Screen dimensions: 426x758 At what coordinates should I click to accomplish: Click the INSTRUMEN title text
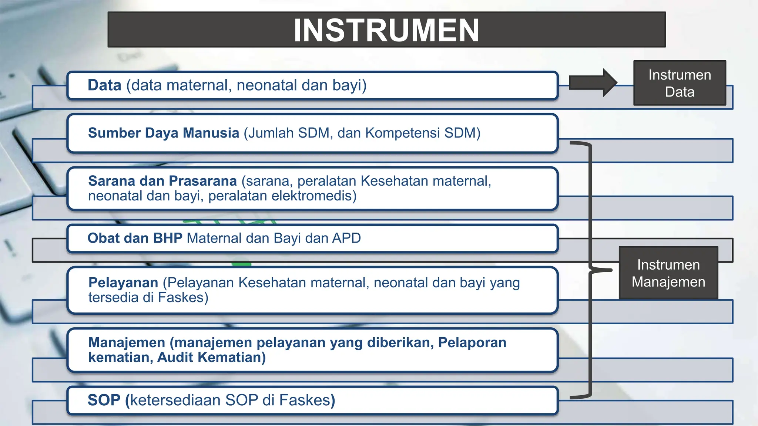tap(386, 30)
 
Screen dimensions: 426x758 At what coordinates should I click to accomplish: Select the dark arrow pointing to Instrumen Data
tap(592, 83)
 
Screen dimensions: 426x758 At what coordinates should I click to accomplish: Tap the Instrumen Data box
tap(680, 83)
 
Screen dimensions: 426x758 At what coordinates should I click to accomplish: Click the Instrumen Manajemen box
tap(668, 273)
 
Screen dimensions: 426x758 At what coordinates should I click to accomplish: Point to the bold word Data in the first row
tap(104, 85)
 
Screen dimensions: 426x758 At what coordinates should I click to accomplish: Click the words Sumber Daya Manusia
tap(164, 133)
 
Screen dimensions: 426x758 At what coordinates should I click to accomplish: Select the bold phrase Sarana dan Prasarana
tap(162, 181)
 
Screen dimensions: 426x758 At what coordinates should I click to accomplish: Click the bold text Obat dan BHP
tap(135, 238)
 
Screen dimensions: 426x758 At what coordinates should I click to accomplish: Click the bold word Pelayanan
tap(123, 283)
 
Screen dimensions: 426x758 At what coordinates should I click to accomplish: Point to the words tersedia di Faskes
tap(148, 298)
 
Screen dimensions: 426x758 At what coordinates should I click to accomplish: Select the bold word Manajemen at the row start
tap(127, 343)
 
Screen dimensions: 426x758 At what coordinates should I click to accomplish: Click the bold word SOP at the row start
tap(104, 400)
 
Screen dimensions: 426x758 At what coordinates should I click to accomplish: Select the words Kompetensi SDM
tap(422, 133)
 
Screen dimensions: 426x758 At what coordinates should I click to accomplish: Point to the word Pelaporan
tap(472, 343)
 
